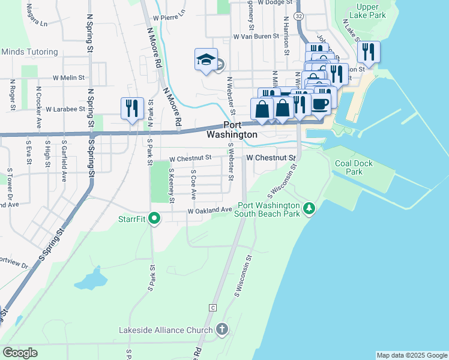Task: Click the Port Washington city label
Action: click(240, 130)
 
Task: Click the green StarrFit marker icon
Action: click(154, 218)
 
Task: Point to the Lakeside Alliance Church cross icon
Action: click(222, 329)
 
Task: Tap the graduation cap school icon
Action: click(205, 60)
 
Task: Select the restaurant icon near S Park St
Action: click(132, 107)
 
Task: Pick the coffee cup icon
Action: click(320, 103)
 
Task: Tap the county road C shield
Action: click(212, 308)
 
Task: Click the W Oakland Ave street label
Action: click(209, 211)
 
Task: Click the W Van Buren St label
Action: click(257, 36)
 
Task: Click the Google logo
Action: click(19, 353)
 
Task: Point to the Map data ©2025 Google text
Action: click(411, 355)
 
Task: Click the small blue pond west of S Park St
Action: click(90, 279)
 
